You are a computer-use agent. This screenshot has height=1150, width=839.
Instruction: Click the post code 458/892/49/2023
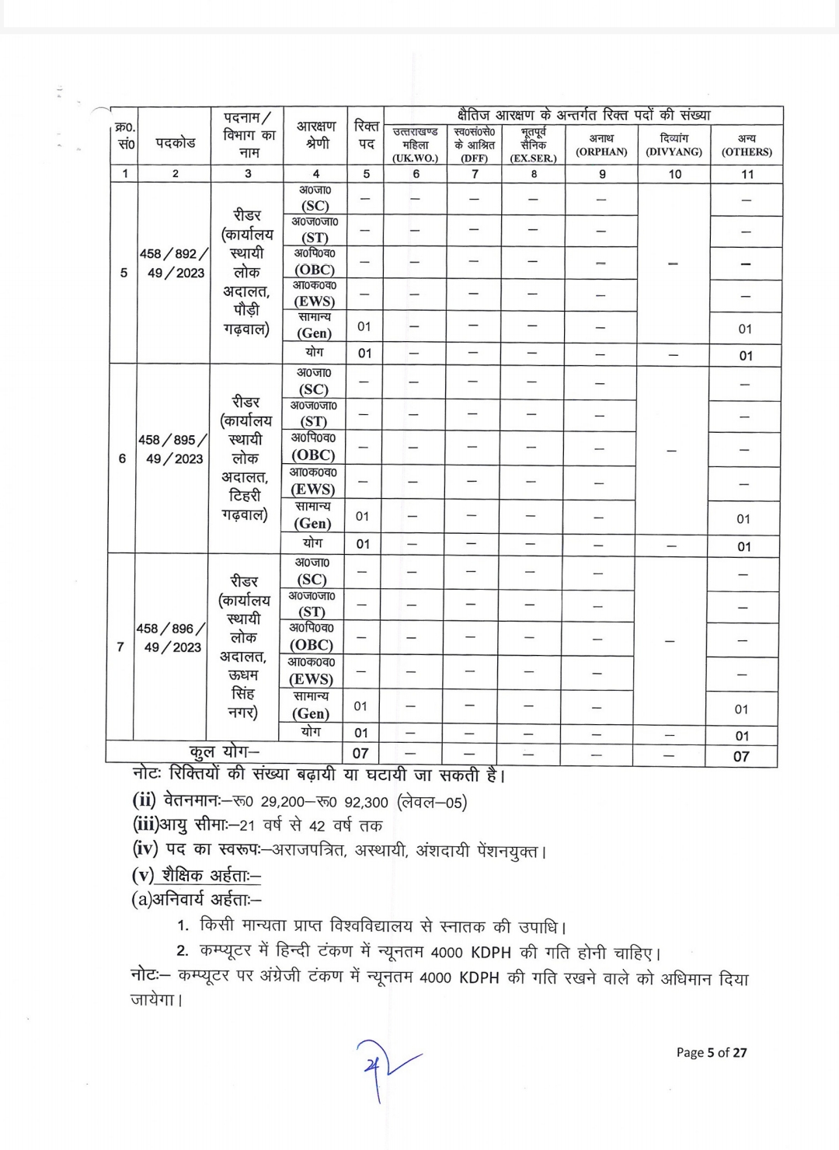point(175,263)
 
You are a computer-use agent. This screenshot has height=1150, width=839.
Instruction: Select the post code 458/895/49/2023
point(173,449)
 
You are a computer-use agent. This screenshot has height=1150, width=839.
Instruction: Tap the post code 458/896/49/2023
point(172,638)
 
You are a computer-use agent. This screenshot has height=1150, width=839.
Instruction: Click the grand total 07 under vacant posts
point(360,753)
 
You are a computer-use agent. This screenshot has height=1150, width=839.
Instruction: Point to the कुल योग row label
point(224,752)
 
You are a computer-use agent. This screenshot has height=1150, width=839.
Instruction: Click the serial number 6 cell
point(122,458)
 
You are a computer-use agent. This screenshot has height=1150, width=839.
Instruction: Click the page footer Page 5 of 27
point(711,1052)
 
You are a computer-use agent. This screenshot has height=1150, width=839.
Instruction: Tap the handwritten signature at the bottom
point(382,1067)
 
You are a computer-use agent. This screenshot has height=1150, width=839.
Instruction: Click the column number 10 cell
point(674,174)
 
